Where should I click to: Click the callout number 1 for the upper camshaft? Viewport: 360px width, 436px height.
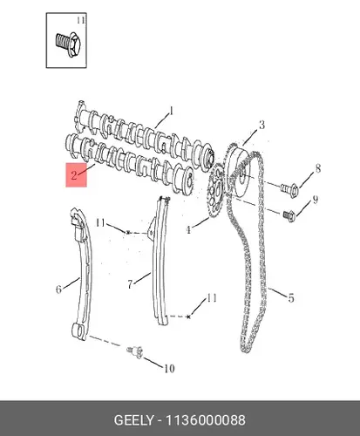[172, 111]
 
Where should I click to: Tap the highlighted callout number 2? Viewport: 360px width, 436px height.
[74, 175]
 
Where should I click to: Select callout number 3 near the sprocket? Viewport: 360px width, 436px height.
[262, 125]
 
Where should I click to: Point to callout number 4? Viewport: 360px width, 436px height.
[188, 230]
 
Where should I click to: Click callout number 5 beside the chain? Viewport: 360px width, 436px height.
[291, 297]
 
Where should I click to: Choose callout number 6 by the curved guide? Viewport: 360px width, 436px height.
[58, 289]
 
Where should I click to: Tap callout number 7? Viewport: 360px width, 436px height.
[131, 284]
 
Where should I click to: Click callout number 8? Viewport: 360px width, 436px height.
[318, 168]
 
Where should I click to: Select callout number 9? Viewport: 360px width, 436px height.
[316, 200]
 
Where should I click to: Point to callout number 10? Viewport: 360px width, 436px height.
[169, 369]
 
